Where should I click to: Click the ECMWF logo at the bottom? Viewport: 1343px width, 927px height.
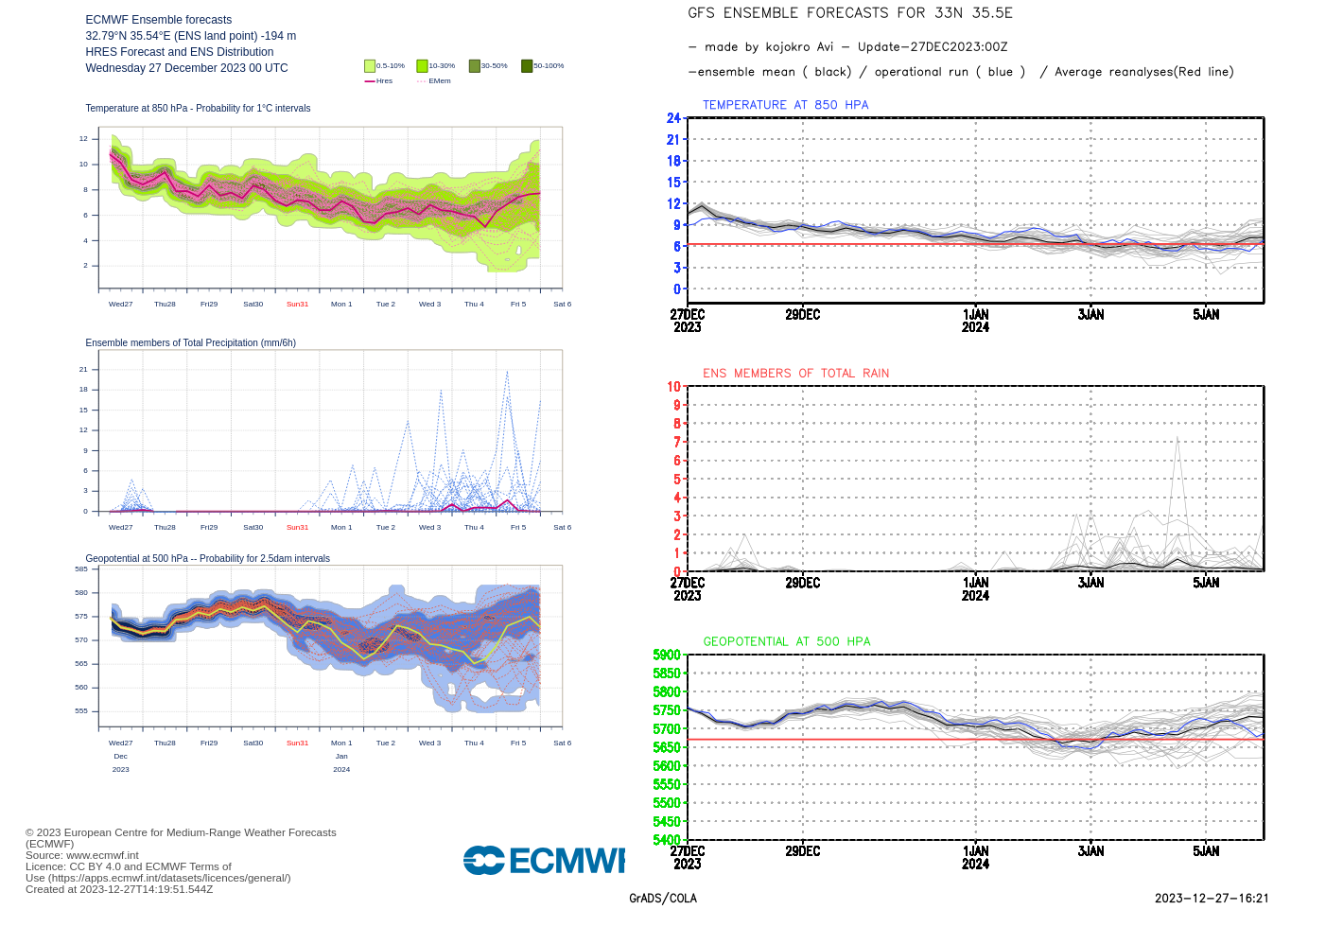click(544, 860)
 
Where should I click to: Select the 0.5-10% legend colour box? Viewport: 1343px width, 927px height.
click(370, 66)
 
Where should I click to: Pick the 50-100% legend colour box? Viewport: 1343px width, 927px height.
click(527, 66)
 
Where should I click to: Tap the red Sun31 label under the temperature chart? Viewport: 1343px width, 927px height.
click(297, 305)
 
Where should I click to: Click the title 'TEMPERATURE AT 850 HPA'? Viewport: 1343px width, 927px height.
click(785, 105)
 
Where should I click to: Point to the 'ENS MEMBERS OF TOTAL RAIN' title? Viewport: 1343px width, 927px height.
click(795, 374)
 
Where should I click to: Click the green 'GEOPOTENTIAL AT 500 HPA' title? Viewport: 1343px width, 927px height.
click(786, 641)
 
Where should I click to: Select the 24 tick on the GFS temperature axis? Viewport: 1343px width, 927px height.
click(673, 118)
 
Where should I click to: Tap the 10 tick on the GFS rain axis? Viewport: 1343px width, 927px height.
click(673, 386)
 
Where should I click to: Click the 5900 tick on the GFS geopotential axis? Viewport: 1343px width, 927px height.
click(667, 655)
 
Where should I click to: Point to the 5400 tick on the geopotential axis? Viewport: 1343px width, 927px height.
click(667, 839)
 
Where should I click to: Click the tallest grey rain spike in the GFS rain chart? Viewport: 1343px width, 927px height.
click(1177, 439)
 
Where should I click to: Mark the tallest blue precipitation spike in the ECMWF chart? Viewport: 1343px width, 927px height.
click(507, 373)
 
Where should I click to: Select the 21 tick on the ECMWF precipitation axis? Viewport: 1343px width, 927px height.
click(83, 370)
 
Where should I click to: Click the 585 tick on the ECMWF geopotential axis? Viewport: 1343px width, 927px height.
click(81, 569)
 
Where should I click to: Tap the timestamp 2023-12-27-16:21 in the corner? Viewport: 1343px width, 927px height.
click(1212, 899)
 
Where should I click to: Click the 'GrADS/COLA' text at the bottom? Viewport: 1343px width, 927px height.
click(663, 899)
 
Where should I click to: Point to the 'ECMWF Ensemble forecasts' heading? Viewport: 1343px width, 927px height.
click(158, 20)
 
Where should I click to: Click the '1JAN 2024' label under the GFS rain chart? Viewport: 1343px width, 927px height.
click(975, 588)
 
